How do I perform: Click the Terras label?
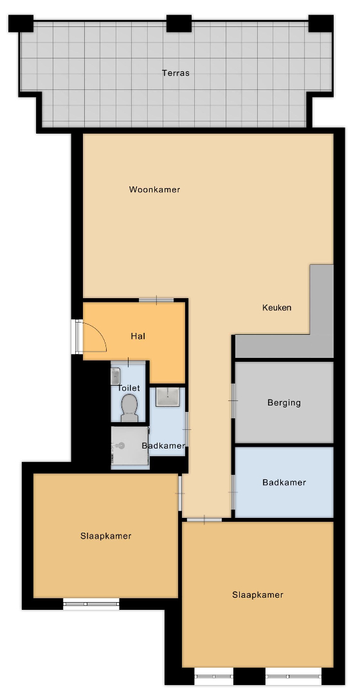click(175, 73)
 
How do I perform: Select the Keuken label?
click(277, 307)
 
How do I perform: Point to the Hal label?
click(138, 336)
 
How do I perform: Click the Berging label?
click(284, 402)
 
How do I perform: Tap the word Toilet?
click(129, 387)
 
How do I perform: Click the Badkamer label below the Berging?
click(284, 482)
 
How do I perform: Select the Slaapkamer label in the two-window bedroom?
click(258, 594)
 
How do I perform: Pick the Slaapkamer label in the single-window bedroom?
click(106, 535)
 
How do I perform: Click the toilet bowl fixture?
click(129, 407)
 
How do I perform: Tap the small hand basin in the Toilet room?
click(115, 376)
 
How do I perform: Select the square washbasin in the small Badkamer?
click(167, 396)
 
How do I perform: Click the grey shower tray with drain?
click(129, 446)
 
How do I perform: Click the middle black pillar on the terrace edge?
click(179, 24)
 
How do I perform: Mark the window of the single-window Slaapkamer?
click(91, 603)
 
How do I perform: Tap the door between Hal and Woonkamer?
click(156, 300)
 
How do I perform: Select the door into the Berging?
click(233, 400)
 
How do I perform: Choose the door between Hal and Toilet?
click(129, 362)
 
